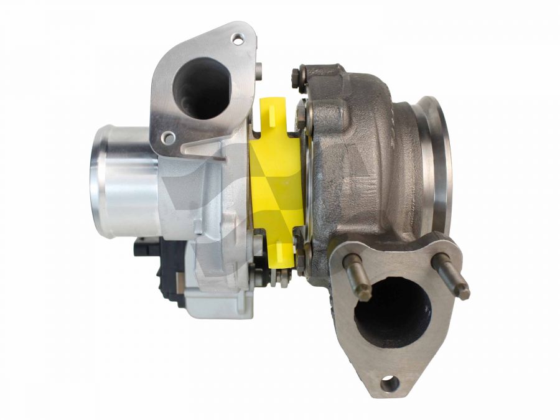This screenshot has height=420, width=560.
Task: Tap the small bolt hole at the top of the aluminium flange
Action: coord(236,39)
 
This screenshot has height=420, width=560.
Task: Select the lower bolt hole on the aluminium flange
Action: coord(167,137)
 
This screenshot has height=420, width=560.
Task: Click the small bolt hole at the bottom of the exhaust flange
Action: coord(389,383)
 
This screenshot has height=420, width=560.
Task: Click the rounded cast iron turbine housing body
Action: coord(367,156)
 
